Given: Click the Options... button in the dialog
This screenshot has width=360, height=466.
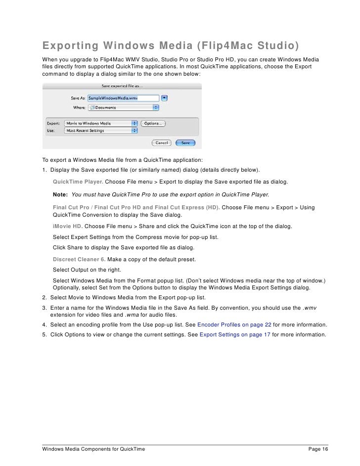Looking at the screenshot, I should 153,123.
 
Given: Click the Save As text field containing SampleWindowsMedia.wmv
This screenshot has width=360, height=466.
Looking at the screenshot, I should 123,98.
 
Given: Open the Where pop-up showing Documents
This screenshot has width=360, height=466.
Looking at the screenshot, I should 123,107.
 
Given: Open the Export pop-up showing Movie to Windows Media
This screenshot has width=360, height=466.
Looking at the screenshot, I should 101,123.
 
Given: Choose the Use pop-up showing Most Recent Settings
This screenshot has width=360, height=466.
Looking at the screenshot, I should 101,131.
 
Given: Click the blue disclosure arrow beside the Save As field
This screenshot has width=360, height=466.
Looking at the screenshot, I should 165,98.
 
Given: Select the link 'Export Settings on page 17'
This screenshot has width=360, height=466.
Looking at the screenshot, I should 234,334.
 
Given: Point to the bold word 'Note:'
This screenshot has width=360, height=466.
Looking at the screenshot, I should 60,194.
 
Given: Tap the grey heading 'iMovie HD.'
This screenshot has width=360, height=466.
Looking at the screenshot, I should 68,226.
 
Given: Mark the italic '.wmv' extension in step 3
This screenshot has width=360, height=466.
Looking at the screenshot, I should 310,308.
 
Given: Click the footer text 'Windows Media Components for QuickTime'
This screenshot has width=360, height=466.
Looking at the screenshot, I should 93,449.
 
